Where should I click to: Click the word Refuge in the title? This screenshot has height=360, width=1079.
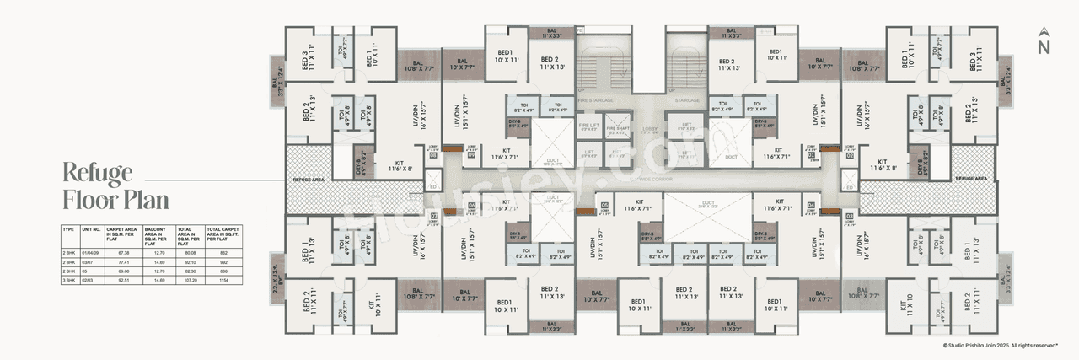coord(98,174)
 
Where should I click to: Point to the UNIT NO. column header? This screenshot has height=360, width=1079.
coord(90,229)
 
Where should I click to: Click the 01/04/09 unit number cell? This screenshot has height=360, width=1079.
coord(91,251)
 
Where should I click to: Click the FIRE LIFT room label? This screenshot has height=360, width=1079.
coord(589,126)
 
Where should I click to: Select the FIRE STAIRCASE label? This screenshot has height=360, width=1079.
coord(597,99)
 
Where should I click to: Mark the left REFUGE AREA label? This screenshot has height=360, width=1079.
coord(308,180)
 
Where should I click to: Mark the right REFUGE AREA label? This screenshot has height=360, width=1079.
coord(971,179)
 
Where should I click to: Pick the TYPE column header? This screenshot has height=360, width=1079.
coord(69,229)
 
